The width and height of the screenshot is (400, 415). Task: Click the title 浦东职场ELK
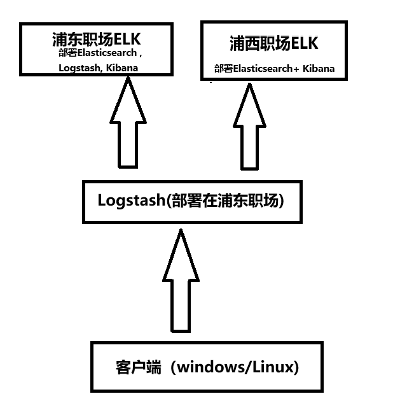coord(97,39)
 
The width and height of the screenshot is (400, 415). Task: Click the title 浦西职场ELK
coord(274,43)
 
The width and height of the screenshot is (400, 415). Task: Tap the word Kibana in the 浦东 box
coord(122,68)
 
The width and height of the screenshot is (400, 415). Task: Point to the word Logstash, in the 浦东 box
coord(79,68)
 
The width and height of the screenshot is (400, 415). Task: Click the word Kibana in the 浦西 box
coord(319,69)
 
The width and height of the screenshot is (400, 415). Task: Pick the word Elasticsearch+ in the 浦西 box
coord(266,69)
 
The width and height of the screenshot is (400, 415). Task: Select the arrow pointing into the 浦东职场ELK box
coord(128,122)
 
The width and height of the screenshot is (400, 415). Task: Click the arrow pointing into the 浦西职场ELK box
coord(249,126)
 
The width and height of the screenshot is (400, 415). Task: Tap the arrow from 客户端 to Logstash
coord(181,281)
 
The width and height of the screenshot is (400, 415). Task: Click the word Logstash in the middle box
coord(132,200)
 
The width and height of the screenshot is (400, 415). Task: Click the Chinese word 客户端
coord(138,367)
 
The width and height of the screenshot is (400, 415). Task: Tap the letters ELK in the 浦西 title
coord(305,43)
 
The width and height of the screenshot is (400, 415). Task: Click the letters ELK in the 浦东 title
coord(127,39)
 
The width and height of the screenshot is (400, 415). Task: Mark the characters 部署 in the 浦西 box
coord(223,69)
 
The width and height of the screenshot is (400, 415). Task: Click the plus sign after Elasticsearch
coord(296,69)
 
